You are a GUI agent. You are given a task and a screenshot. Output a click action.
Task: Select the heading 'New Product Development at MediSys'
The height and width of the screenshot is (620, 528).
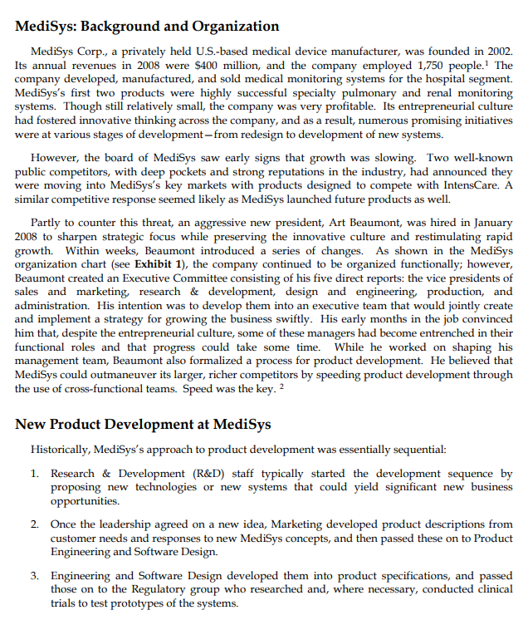pos(143,424)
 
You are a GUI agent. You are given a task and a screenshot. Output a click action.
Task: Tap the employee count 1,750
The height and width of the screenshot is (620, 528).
pos(432,65)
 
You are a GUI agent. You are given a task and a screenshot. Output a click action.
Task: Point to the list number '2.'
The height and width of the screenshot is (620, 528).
pos(35,524)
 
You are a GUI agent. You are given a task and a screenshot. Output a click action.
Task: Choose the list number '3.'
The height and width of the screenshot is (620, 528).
pos(35,576)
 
